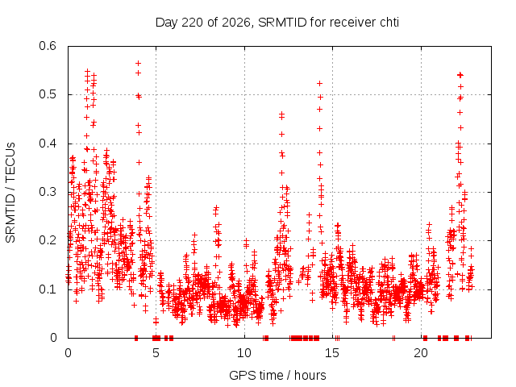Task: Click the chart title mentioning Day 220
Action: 277,23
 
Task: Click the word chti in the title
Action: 389,23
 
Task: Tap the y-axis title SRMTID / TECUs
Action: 10,192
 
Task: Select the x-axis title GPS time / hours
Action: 277,375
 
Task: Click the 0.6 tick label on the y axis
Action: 48,46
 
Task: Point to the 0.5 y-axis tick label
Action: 48,94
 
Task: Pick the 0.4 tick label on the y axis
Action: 48,144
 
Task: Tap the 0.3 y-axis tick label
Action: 48,192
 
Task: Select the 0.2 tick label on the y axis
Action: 48,240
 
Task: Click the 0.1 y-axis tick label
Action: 48,289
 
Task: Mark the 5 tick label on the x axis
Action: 156,353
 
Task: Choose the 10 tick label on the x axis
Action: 244,353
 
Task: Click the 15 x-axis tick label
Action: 332,353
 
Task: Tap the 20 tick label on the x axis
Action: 421,353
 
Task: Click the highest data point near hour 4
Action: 138,63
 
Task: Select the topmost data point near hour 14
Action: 319,84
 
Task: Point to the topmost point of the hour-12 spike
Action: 281,114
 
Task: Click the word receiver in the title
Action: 353,23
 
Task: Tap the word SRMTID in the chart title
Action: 282,23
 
